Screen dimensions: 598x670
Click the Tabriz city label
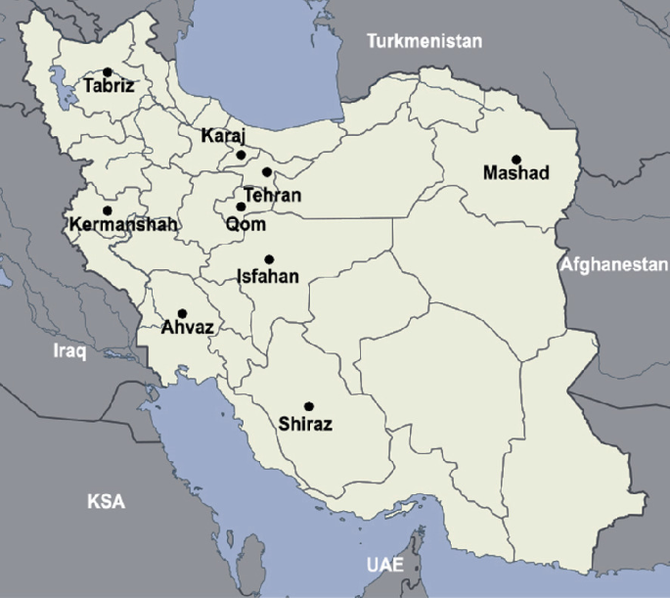109,86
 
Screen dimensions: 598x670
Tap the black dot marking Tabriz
108,71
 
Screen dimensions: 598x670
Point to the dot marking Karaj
241,155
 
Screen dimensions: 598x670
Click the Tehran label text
273,196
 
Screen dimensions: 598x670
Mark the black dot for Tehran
266,172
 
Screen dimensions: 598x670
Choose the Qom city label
245,224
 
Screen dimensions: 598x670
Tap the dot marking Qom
241,207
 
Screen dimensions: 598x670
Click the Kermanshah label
123,225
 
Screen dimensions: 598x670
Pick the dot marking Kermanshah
108,210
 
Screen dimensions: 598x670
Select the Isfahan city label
268,277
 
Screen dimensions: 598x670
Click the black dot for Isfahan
269,259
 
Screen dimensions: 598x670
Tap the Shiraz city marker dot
308,406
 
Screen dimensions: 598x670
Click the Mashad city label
516,174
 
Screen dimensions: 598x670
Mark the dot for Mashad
515,159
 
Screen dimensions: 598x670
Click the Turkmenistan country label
424,41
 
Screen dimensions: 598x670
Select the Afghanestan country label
614,264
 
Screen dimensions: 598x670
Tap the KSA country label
106,502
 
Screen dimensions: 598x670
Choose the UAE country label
385,566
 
